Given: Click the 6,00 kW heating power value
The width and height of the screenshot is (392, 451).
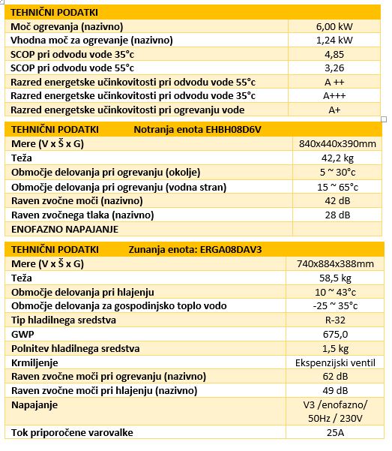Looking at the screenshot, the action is pos(334,26).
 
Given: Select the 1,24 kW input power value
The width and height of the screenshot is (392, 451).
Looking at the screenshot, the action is pos(334,40).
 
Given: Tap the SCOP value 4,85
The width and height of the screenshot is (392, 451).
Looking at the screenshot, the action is pos(334,54).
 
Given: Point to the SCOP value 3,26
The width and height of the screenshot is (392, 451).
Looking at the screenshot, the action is pos(334,68).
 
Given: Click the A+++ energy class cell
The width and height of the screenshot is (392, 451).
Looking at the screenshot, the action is pos(334,95).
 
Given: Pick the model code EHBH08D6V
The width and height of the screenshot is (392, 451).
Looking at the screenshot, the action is pos(233,129).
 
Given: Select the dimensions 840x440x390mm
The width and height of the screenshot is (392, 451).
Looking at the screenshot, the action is pos(337,143).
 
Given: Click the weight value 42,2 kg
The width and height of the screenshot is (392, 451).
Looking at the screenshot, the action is pos(337,158).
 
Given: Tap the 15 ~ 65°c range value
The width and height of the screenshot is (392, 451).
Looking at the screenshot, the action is pos(338,188).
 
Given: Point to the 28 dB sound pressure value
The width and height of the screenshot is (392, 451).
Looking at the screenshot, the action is pos(337,215).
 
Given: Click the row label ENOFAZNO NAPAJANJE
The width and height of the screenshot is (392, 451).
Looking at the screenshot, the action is pos(64,229).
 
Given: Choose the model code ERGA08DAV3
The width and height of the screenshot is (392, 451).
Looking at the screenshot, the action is pos(231,249).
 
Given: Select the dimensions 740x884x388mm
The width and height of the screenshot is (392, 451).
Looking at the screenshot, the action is pos(335,263).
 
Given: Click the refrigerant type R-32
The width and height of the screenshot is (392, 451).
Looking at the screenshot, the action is pos(335,320).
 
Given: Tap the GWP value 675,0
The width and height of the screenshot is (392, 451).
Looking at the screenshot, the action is pos(335,334).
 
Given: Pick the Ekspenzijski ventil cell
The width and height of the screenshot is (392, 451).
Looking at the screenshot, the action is pos(335,362).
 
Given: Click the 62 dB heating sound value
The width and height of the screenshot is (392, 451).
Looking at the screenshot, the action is pos(335,376).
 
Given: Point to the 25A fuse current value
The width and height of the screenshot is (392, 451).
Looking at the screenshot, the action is pos(335,432).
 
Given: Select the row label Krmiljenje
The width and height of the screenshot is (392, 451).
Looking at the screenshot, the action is pos(34,363).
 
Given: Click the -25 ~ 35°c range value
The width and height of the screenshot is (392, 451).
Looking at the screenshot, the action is pos(335,305).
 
